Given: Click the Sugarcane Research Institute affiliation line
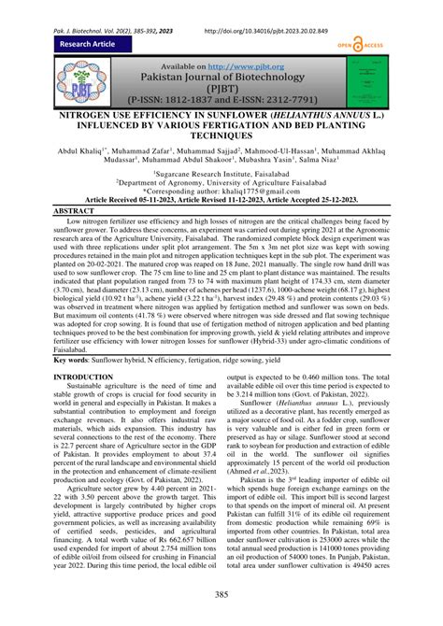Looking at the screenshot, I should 221,174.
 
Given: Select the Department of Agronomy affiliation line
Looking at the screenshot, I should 221,183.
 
